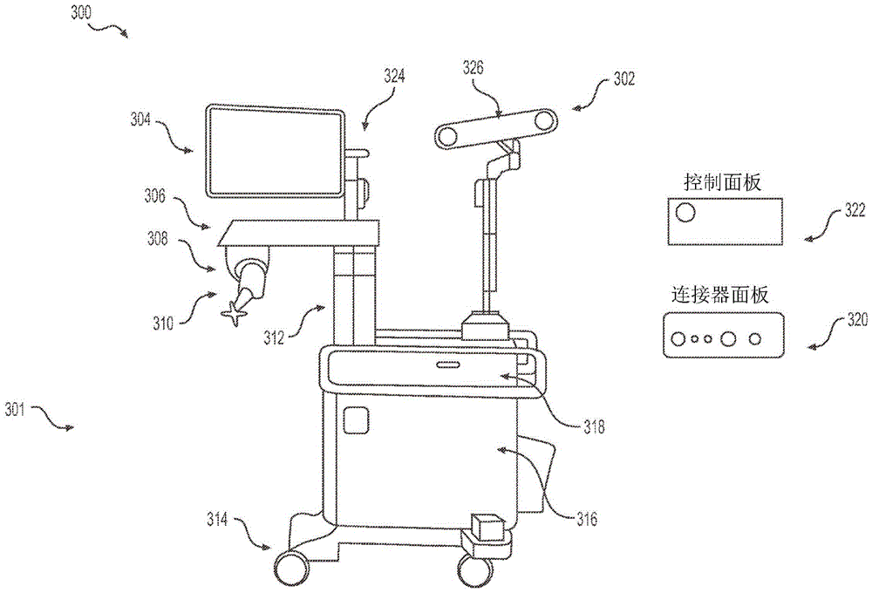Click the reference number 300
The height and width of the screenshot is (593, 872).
click(x=80, y=13)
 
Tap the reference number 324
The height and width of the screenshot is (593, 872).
click(x=394, y=76)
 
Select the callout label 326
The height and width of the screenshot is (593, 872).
click(x=473, y=68)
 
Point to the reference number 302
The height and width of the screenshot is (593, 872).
click(x=624, y=79)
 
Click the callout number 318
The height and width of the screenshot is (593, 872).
click(x=594, y=427)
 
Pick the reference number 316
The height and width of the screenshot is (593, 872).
click(x=587, y=519)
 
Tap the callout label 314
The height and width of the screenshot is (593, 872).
click(x=217, y=519)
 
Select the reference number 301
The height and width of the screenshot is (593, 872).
click(x=15, y=410)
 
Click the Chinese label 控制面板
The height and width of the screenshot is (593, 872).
click(x=722, y=182)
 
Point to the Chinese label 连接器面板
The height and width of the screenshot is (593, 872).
click(x=720, y=294)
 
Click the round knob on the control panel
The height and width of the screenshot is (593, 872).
click(x=685, y=213)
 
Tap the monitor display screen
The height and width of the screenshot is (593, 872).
click(x=275, y=152)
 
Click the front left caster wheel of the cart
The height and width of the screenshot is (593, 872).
click(x=291, y=568)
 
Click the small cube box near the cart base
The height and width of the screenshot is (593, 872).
click(x=487, y=526)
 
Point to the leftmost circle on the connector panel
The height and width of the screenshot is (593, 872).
click(x=678, y=338)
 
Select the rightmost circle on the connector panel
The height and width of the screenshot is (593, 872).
click(x=754, y=338)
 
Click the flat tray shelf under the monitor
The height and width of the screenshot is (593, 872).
click(x=299, y=233)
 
